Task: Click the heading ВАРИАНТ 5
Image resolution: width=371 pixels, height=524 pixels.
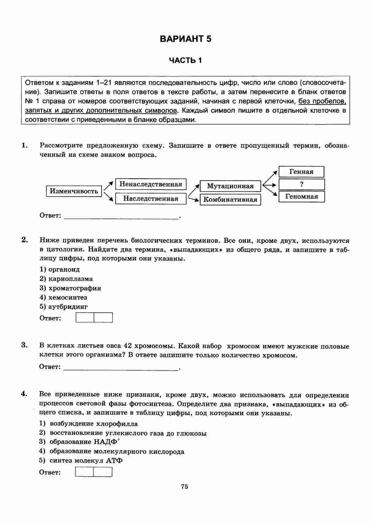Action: click(185, 39)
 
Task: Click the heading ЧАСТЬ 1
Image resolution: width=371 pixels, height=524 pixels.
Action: click(185, 61)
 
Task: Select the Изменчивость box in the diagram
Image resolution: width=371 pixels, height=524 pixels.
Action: click(74, 191)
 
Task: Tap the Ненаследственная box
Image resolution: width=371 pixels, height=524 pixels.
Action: click(151, 184)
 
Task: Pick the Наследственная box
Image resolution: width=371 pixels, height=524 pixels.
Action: click(151, 198)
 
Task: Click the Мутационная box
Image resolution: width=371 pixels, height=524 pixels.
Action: click(230, 186)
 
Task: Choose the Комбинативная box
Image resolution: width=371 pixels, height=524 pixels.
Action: click(230, 200)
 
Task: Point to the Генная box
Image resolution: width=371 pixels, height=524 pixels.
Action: click(301, 172)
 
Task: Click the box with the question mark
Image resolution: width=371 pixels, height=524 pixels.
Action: click(302, 184)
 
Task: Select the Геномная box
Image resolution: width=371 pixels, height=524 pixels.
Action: click(302, 197)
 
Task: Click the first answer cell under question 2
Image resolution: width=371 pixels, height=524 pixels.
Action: click(85, 318)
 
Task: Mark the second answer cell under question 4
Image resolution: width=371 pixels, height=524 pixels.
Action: click(103, 472)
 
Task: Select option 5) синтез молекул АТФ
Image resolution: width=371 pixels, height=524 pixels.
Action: click(81, 460)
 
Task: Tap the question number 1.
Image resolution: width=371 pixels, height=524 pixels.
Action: click(25, 145)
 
